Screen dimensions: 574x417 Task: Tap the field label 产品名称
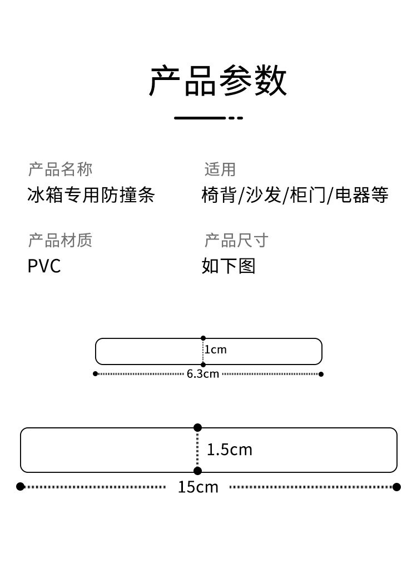click(60, 169)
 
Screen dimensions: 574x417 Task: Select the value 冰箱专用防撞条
click(91, 195)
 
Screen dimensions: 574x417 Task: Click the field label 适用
click(220, 169)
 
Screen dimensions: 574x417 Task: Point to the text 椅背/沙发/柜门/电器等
click(295, 195)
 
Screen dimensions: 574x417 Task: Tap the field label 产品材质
click(60, 240)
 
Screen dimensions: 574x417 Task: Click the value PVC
click(44, 266)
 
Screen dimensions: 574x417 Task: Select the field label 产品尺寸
click(236, 240)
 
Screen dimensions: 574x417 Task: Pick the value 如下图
click(229, 266)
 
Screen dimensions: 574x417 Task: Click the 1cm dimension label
click(216, 350)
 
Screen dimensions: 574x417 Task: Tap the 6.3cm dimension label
click(203, 374)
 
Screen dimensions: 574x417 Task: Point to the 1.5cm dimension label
click(230, 450)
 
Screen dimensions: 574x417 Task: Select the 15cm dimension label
click(198, 487)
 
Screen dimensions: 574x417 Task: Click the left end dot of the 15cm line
click(21, 487)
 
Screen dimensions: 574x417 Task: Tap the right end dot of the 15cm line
click(396, 487)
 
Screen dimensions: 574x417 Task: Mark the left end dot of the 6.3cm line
click(95, 374)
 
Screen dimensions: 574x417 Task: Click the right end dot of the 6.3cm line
click(321, 374)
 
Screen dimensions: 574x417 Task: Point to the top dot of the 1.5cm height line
click(197, 427)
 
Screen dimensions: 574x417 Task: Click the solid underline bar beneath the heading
click(200, 118)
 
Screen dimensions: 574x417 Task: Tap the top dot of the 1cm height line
click(203, 338)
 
